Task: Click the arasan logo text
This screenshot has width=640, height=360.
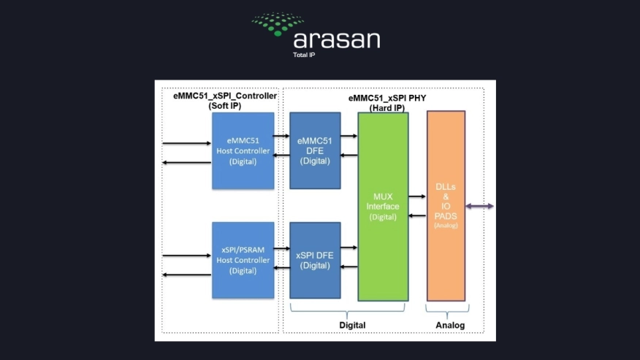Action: pyautogui.click(x=336, y=39)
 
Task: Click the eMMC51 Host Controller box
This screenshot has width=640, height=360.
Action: pyautogui.click(x=243, y=150)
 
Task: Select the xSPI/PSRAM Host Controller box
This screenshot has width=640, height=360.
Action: pyautogui.click(x=243, y=260)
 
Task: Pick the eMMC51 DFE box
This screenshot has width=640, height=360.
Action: pyautogui.click(x=315, y=150)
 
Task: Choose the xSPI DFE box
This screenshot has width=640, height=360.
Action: pyautogui.click(x=315, y=260)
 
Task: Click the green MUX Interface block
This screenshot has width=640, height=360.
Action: pyautogui.click(x=383, y=206)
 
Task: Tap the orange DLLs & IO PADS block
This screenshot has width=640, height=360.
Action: pyautogui.click(x=446, y=206)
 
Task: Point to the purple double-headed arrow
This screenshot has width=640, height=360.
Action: pyautogui.click(x=480, y=207)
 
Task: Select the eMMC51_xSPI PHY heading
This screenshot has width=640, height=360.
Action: pyautogui.click(x=387, y=102)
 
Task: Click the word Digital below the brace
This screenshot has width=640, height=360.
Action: pyautogui.click(x=352, y=325)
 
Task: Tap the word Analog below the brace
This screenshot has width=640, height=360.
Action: pyautogui.click(x=446, y=325)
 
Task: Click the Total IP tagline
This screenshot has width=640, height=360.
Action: pyautogui.click(x=304, y=55)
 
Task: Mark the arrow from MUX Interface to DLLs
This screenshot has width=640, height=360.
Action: pyautogui.click(x=417, y=196)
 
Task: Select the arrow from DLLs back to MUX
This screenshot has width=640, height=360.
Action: pyautogui.click(x=417, y=215)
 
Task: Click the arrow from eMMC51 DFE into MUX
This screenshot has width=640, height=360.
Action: pyautogui.click(x=349, y=136)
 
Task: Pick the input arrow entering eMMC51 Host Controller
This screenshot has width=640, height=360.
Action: pyautogui.click(x=187, y=144)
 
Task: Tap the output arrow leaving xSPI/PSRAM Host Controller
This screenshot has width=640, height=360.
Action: pyautogui.click(x=187, y=275)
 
